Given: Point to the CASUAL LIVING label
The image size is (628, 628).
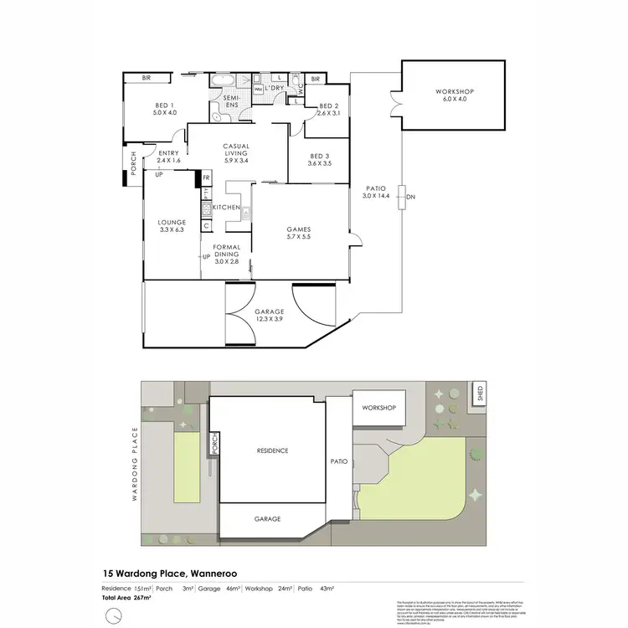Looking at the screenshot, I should (237, 152).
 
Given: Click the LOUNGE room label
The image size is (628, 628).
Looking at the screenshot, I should (172, 222).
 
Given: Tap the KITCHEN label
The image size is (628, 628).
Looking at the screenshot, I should (226, 207).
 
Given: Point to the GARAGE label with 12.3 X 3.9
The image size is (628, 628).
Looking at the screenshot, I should (270, 312).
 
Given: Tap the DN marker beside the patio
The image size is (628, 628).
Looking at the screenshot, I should (410, 198).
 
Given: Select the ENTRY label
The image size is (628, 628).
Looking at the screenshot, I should (168, 152).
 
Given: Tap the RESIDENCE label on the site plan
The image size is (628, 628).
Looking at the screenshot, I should (272, 450).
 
